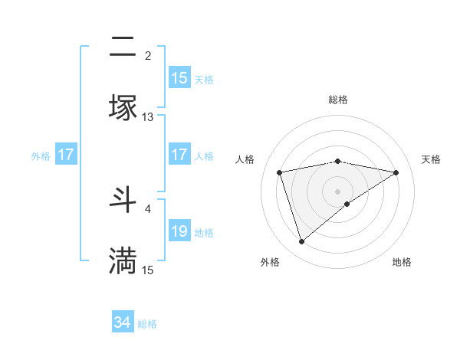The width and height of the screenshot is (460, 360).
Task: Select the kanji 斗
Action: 123,199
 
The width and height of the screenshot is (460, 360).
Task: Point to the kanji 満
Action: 123,260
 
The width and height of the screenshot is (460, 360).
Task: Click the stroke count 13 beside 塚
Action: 148,116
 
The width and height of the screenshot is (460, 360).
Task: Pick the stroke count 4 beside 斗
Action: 148,208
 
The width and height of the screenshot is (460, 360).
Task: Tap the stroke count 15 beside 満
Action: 148,270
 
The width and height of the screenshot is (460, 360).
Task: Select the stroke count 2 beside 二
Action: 148,55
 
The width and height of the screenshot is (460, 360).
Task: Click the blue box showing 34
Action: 123,322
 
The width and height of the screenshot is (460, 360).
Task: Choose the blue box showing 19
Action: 179,231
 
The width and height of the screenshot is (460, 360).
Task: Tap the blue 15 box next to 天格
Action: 179,78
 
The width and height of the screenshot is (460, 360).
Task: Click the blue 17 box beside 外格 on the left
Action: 66,155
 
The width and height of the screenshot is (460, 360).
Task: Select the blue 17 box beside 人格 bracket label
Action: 179,155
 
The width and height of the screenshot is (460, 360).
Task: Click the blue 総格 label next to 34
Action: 147,324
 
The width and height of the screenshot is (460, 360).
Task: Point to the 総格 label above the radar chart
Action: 338,100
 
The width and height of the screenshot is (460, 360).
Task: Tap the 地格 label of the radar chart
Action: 402,262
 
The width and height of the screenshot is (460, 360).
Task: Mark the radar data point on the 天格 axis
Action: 396,172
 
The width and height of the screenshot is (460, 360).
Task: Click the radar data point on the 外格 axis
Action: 301,242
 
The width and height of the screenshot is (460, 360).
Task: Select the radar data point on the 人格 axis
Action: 280,172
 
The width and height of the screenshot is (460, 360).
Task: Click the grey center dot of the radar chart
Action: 338,191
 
